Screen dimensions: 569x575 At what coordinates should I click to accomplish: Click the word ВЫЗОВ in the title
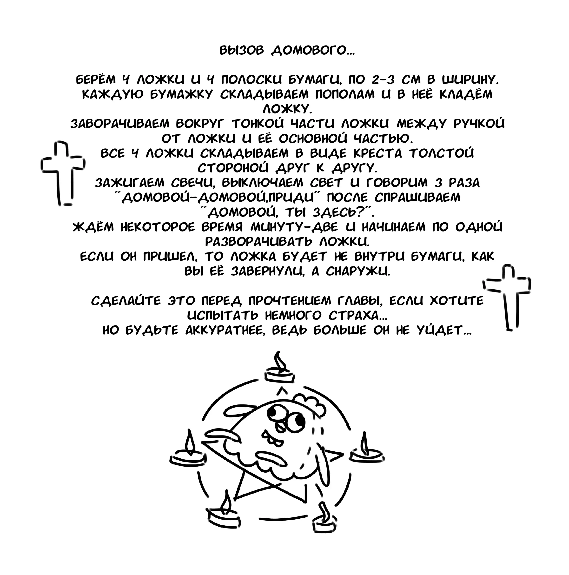click(x=241, y=51)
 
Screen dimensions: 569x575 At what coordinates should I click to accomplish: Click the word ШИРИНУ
click(x=470, y=79)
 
